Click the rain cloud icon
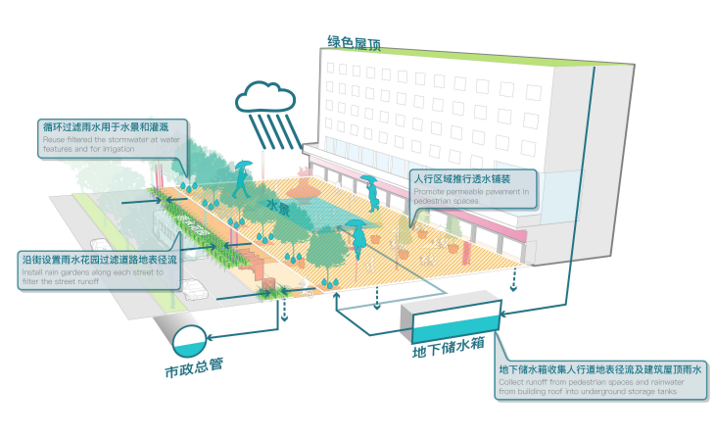263,95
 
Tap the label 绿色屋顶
354,43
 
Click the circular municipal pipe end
189,341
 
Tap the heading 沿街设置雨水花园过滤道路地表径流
98,261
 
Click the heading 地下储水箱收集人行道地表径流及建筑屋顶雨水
601,369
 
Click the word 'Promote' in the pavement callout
428,192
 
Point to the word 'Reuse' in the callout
52,140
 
